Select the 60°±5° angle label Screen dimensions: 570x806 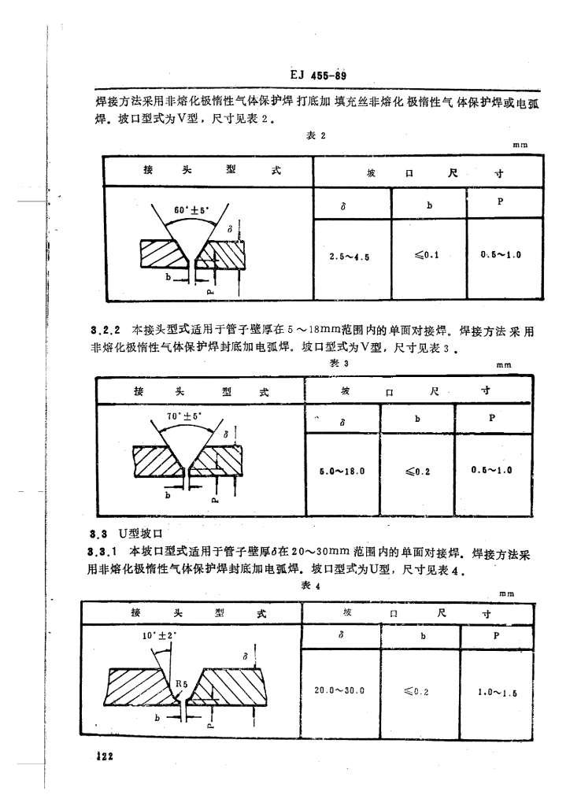pos(189,209)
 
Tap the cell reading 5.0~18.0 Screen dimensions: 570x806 pos(342,470)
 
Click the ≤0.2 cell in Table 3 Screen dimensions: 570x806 pos(420,471)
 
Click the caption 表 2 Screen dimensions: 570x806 pos(314,135)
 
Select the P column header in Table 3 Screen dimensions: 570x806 pos(493,419)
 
